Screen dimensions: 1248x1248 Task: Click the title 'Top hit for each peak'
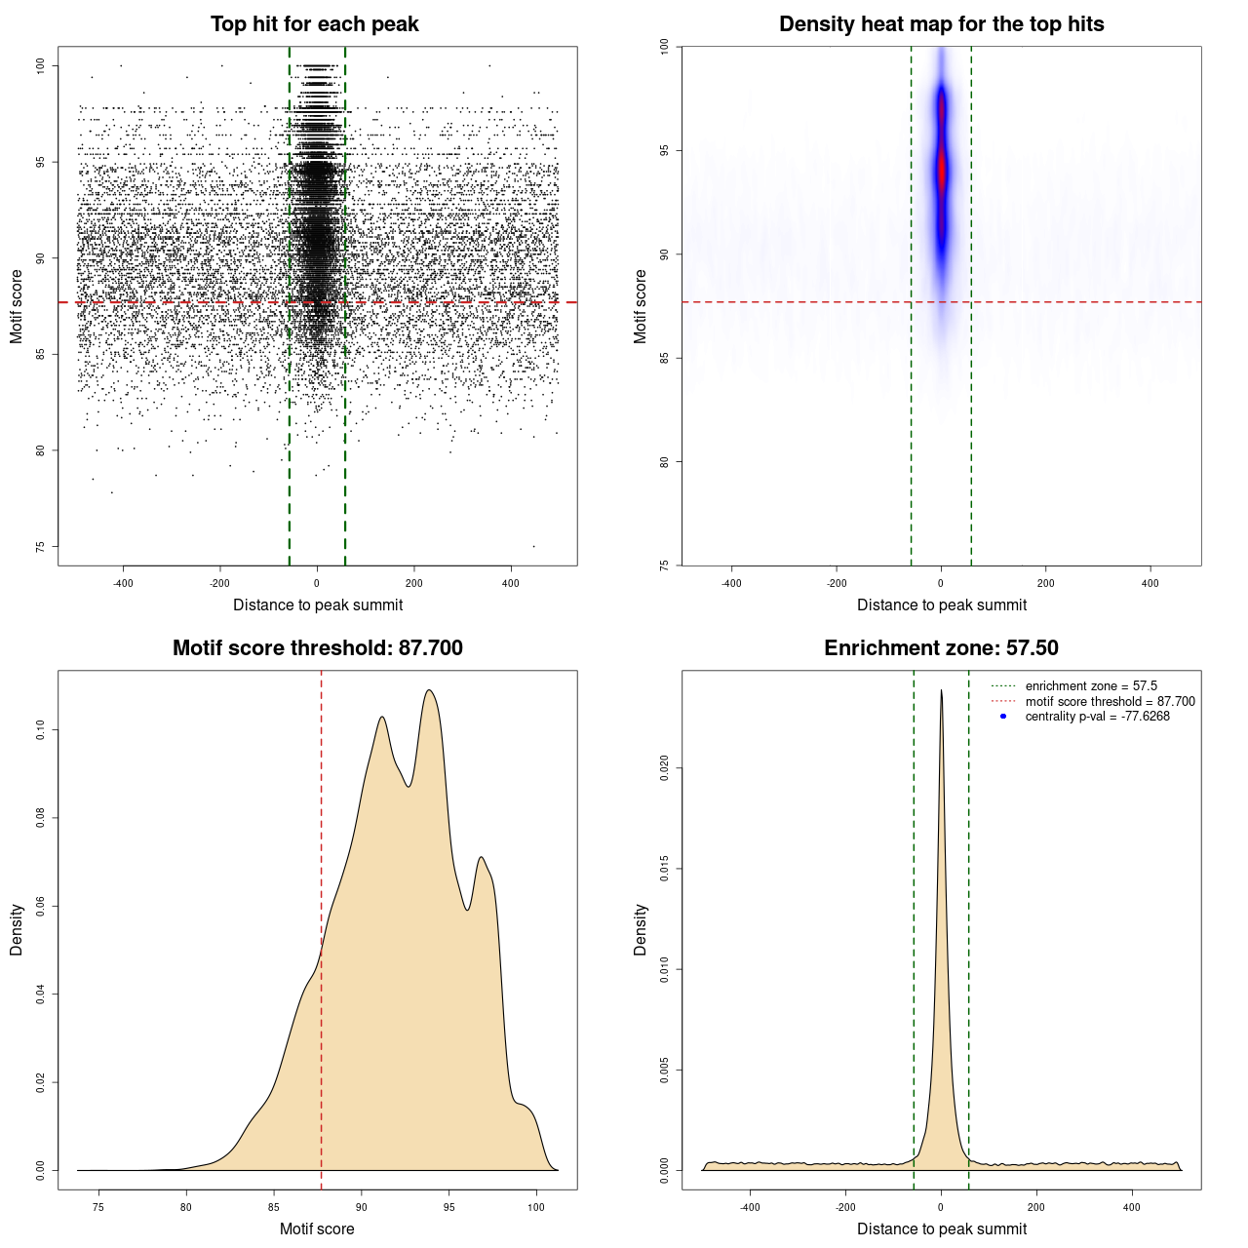click(x=314, y=24)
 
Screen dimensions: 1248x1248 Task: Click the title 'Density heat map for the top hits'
click(x=941, y=24)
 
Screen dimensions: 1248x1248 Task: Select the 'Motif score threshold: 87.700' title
click(x=317, y=648)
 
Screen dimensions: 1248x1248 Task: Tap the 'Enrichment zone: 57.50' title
click(x=941, y=648)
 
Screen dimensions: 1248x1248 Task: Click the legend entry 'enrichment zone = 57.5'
click(x=1091, y=686)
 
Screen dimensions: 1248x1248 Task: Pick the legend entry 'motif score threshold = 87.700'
click(x=1110, y=701)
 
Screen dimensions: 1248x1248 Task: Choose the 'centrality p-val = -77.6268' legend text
click(x=1097, y=717)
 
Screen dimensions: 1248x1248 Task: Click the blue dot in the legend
click(x=1003, y=717)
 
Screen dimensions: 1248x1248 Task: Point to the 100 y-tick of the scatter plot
click(x=41, y=65)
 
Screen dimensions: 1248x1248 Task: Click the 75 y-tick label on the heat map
click(x=664, y=565)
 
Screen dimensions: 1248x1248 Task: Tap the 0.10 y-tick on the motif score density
click(x=41, y=730)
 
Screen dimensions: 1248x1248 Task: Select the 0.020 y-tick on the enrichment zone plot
click(x=664, y=768)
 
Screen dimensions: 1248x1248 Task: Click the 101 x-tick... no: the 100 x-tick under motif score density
click(x=535, y=1208)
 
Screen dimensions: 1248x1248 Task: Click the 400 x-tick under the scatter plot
click(x=511, y=584)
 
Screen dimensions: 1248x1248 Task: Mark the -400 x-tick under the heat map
click(x=731, y=584)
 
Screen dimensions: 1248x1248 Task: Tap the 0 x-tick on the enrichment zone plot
click(x=941, y=1208)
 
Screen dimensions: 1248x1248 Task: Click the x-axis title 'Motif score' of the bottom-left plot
click(x=317, y=1228)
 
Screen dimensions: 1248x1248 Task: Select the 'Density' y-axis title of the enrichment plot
click(x=641, y=929)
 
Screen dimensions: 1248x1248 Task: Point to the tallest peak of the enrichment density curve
click(x=941, y=690)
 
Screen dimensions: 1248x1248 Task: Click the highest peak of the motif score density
click(x=428, y=690)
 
